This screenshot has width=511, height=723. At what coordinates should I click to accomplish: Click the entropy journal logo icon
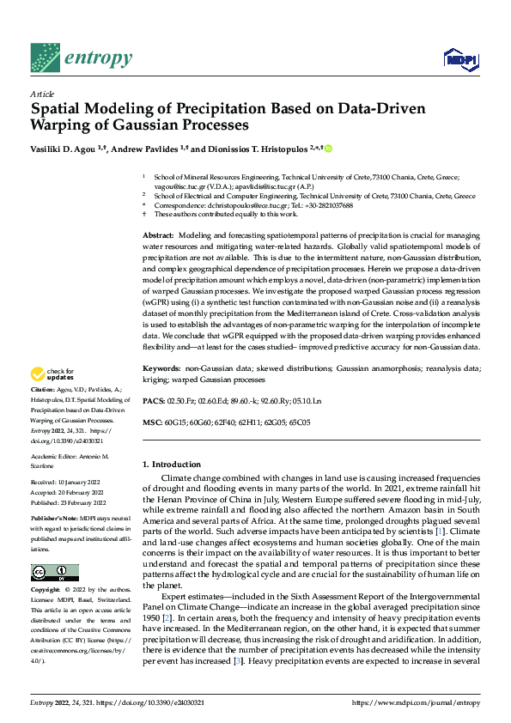(x=45, y=58)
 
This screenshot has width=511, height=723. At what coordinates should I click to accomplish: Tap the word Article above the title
(x=42, y=94)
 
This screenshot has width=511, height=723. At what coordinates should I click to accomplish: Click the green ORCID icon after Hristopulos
(x=327, y=149)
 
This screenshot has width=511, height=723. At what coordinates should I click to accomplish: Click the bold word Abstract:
(x=158, y=235)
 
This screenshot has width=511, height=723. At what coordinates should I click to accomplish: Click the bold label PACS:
(x=153, y=400)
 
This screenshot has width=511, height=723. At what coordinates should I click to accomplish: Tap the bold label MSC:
(x=152, y=422)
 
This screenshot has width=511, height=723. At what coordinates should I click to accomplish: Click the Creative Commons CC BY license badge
(x=55, y=573)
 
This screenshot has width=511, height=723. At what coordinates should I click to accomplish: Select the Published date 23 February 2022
(x=69, y=502)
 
